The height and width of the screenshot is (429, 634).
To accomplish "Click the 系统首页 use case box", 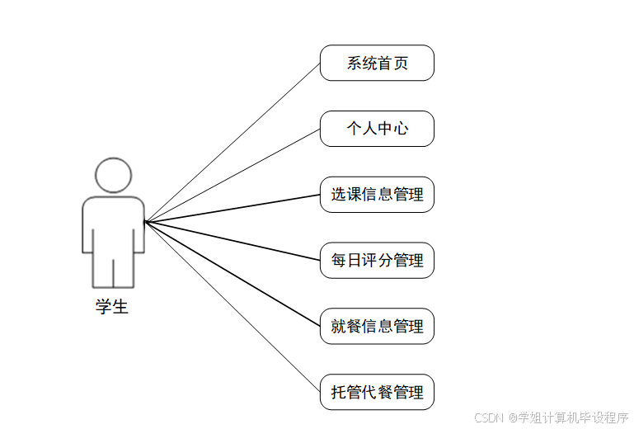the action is tap(377, 63).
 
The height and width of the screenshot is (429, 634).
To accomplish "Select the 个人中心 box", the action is tap(377, 129).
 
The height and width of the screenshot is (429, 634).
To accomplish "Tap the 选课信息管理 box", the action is tap(377, 195).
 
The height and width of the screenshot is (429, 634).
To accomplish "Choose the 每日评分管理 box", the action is tap(377, 261).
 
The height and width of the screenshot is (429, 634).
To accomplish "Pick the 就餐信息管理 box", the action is tap(377, 327).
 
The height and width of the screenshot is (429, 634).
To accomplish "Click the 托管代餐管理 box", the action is tap(377, 393).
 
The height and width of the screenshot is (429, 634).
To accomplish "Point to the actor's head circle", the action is tap(113, 174).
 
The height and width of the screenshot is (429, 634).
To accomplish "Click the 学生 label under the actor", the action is tap(112, 308).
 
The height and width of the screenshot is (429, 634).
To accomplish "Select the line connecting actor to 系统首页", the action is tap(232, 142).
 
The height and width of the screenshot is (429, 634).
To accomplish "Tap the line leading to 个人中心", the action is tap(232, 175).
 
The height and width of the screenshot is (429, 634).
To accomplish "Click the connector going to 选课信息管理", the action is tap(232, 208).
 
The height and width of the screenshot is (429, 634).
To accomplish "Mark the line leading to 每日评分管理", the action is tap(232, 241).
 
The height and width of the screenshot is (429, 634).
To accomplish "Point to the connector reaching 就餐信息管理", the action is tap(232, 274).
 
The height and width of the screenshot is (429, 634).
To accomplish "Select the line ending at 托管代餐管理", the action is tap(232, 307).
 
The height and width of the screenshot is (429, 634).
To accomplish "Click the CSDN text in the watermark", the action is tap(489, 417).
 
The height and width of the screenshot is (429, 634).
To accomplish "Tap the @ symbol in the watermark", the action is tap(512, 417).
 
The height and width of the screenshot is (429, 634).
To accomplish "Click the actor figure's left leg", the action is tap(101, 268).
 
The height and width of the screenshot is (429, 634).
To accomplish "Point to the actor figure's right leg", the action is tap(124, 268).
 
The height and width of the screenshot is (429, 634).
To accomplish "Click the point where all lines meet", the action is tap(145, 221).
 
